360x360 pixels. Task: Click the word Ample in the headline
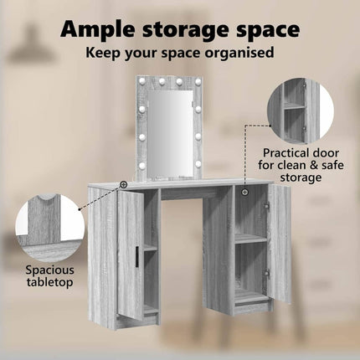pos(99,30)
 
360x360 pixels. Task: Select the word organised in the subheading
pos(239,53)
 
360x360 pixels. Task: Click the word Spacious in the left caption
pos(50,270)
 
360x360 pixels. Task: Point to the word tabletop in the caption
pos(50,282)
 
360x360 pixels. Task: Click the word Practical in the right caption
pos(284,153)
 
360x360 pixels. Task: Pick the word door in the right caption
pos(326,153)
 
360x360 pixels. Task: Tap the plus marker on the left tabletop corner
pos(123,184)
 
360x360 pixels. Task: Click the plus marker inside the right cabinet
pos(245,192)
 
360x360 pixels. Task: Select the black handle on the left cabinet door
pos(136,255)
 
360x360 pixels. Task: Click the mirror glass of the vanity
pos(170,134)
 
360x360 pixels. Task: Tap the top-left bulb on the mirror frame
pos(142,81)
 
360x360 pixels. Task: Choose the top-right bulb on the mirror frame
pos(198,81)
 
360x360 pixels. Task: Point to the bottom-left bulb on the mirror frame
pos(142,166)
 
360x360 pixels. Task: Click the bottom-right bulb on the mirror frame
pos(198,164)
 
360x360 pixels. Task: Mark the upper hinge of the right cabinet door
pos(266,206)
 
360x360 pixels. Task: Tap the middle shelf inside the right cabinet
pos(250,239)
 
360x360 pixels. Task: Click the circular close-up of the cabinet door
pos(301,111)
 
